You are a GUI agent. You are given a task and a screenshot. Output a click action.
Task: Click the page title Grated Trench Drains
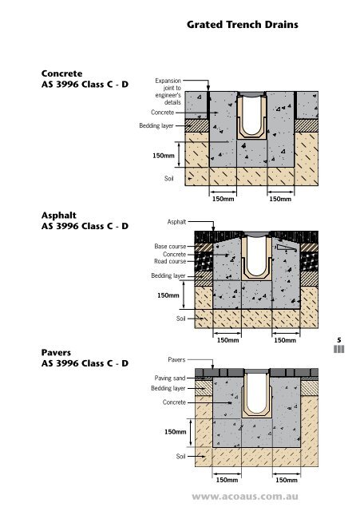(x=243, y=25)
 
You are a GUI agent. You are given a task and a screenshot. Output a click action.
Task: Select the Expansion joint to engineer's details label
(x=168, y=92)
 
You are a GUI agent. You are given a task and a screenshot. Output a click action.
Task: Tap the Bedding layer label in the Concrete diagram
(x=156, y=126)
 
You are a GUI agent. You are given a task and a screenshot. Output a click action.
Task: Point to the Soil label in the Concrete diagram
(x=168, y=179)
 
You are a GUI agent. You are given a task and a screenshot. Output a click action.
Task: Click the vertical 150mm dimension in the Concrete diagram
(x=164, y=156)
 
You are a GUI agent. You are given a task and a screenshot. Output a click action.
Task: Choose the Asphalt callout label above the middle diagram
(x=176, y=222)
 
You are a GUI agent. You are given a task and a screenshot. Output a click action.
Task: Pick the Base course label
(x=170, y=247)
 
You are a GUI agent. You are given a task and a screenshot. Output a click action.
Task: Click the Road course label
(x=170, y=261)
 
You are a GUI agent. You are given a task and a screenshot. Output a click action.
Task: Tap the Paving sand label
(x=170, y=378)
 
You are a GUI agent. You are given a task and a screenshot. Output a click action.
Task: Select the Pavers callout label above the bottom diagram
(x=176, y=360)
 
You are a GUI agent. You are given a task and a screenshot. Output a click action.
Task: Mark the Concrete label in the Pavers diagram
(x=174, y=402)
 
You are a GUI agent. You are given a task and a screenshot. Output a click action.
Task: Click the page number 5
(x=339, y=340)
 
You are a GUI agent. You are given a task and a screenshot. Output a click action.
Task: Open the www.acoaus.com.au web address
(x=245, y=497)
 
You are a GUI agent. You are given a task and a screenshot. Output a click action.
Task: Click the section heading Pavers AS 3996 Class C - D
(x=85, y=358)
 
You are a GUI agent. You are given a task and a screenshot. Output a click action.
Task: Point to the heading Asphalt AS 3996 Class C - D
(x=85, y=220)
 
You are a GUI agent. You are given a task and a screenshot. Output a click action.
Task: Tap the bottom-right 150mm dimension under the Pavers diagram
(x=287, y=480)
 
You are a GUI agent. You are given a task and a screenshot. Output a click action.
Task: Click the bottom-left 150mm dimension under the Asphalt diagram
(x=227, y=340)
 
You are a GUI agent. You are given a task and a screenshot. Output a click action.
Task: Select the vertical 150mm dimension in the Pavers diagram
(x=176, y=432)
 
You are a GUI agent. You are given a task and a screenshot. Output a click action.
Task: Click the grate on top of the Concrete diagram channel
(x=251, y=94)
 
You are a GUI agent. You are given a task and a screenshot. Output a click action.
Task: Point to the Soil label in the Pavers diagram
(x=181, y=456)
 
